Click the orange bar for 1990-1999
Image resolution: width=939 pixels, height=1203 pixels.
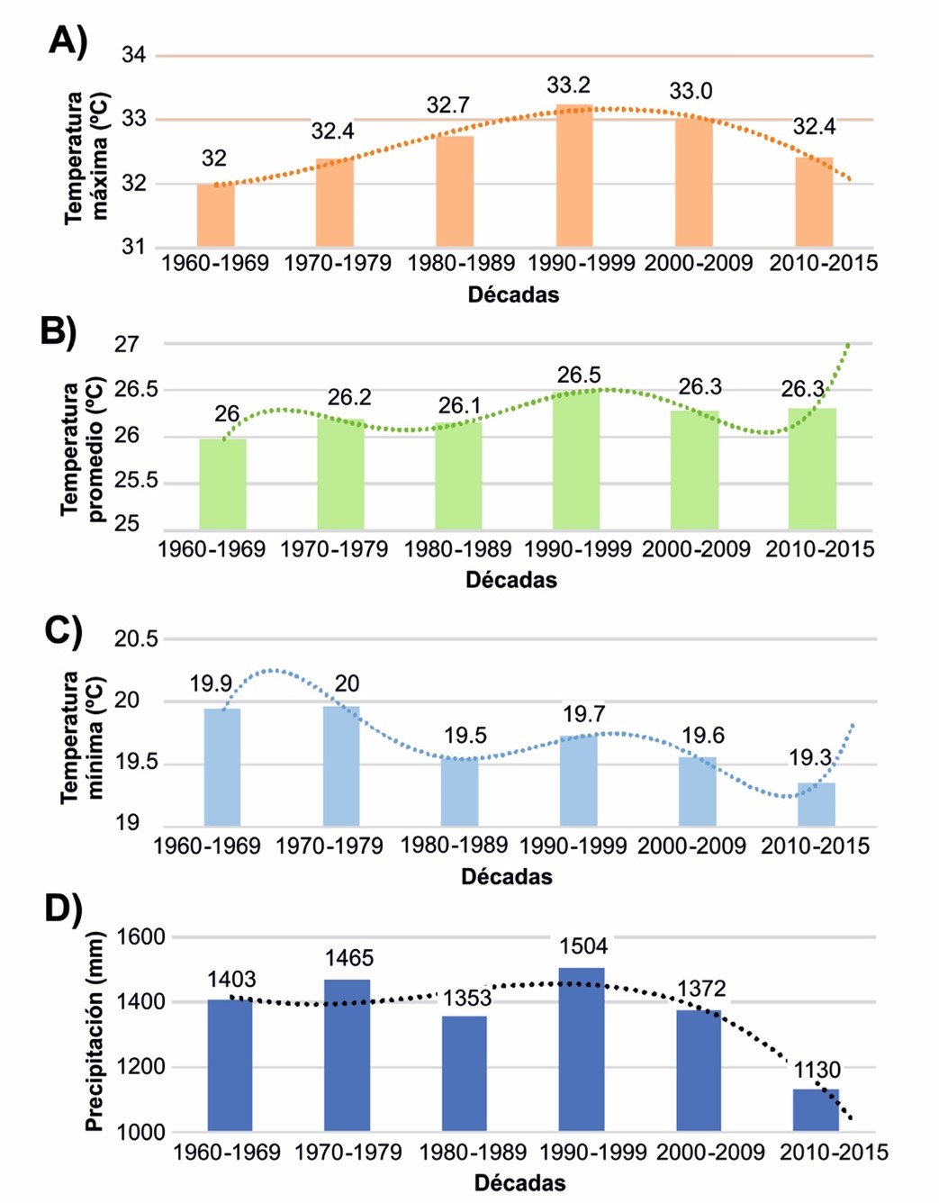click(573, 176)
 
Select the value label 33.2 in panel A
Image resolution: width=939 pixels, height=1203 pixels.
click(568, 86)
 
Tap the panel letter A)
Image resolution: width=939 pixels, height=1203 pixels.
click(68, 41)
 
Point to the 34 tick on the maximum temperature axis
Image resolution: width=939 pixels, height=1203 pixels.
click(133, 56)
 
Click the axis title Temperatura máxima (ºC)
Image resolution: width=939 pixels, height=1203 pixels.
click(86, 157)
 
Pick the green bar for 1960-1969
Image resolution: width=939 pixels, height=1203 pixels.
click(222, 484)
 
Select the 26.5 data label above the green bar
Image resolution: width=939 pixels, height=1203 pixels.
click(578, 375)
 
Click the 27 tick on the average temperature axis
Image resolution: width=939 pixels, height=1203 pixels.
click(127, 344)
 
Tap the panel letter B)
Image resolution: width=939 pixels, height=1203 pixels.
click(59, 330)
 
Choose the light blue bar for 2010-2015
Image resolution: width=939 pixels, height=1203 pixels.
click(816, 804)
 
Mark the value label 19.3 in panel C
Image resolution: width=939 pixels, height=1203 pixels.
click(809, 758)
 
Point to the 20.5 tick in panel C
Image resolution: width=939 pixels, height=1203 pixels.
click(136, 639)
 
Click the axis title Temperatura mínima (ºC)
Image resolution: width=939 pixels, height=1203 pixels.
click(83, 737)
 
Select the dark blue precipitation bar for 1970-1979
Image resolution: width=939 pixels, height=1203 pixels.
click(347, 1054)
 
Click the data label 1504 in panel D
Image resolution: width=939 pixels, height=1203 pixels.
click(583, 946)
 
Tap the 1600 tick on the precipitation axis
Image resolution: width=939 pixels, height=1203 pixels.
click(141, 937)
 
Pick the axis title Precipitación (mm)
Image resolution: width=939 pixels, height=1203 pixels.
click(95, 1031)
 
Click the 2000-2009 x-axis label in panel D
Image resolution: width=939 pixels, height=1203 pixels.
click(710, 1153)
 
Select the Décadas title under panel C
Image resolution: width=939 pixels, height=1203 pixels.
click(506, 877)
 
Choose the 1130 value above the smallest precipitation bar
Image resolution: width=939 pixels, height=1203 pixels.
click(817, 1070)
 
